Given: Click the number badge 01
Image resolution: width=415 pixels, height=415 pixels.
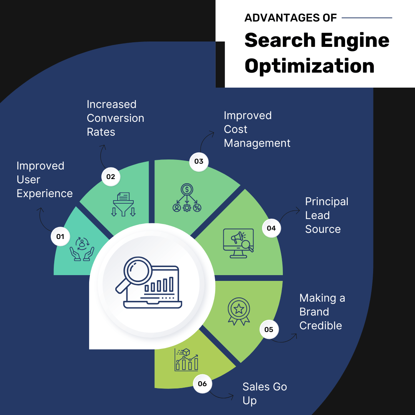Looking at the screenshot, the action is (x=60, y=236).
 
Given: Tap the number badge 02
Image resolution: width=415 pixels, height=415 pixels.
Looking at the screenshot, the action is (x=111, y=176).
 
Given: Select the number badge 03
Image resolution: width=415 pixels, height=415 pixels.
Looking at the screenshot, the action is (x=199, y=161).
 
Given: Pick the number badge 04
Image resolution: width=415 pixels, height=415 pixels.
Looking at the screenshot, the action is (x=271, y=228).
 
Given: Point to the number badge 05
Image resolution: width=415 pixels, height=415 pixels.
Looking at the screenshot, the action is (x=269, y=329).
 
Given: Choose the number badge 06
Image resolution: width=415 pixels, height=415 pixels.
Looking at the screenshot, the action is (x=202, y=383).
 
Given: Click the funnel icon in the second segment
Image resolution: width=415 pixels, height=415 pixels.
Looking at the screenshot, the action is (x=123, y=204).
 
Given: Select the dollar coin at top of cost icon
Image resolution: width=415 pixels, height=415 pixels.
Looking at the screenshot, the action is (x=187, y=189).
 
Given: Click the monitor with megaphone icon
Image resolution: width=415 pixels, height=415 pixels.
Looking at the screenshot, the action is (x=239, y=243).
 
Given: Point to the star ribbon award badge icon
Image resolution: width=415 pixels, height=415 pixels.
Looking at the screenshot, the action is (x=239, y=311).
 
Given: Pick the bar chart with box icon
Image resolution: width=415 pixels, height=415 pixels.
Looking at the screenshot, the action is (x=186, y=360).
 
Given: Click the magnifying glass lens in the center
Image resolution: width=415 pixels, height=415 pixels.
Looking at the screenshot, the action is (x=138, y=271).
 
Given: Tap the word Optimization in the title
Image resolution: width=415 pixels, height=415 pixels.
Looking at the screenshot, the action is (x=309, y=66).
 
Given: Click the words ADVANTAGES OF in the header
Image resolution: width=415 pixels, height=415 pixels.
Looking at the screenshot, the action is (x=290, y=18).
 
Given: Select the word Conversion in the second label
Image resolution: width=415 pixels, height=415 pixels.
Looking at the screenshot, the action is (x=115, y=118).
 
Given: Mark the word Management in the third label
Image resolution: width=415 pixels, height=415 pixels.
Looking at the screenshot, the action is (x=257, y=143).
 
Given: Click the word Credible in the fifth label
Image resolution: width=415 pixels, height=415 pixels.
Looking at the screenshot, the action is (x=320, y=325).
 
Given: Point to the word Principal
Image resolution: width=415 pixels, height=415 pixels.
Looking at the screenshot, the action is (x=327, y=202).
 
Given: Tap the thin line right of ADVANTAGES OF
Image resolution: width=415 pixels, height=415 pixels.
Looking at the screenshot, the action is (x=367, y=18).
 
